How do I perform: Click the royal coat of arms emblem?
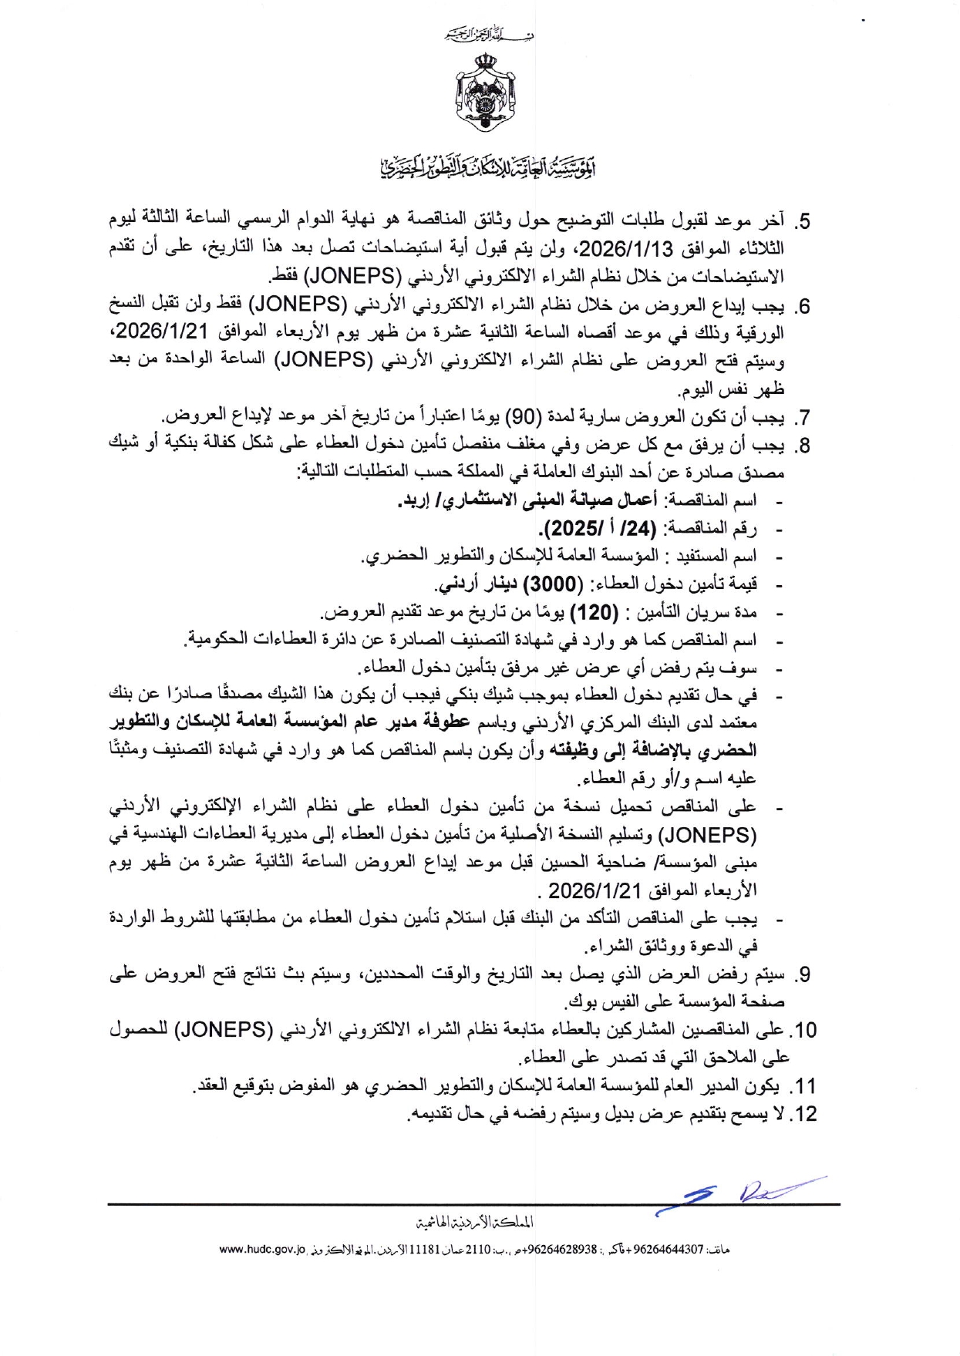coord(487,93)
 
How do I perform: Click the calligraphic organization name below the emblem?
coord(489,167)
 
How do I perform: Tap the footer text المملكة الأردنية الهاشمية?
coord(475,1223)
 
